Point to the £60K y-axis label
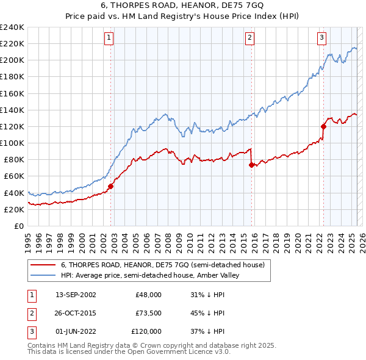(14, 176)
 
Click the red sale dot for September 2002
(110, 186)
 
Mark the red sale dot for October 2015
(251, 165)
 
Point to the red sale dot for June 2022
(323, 126)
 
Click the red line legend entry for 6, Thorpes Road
(162, 265)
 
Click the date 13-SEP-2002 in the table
(75, 294)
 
